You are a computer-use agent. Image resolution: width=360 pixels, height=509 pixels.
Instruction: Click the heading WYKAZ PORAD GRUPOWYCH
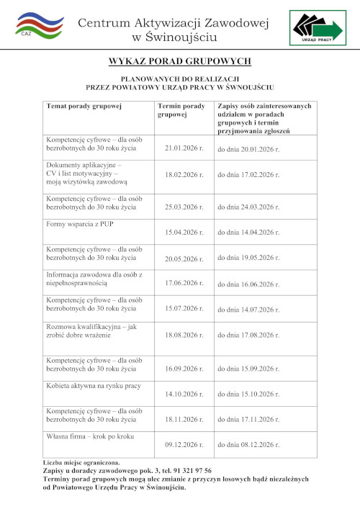[179, 62]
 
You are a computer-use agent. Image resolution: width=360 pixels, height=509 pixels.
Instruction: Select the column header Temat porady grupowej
[84, 106]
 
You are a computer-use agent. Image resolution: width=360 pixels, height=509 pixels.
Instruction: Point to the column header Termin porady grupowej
[181, 110]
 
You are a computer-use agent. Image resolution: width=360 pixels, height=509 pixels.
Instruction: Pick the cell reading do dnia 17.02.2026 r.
[248, 174]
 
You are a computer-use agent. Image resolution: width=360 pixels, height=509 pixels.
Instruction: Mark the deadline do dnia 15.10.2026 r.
[248, 395]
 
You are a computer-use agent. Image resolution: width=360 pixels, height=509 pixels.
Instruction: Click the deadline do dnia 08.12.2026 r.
[248, 445]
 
